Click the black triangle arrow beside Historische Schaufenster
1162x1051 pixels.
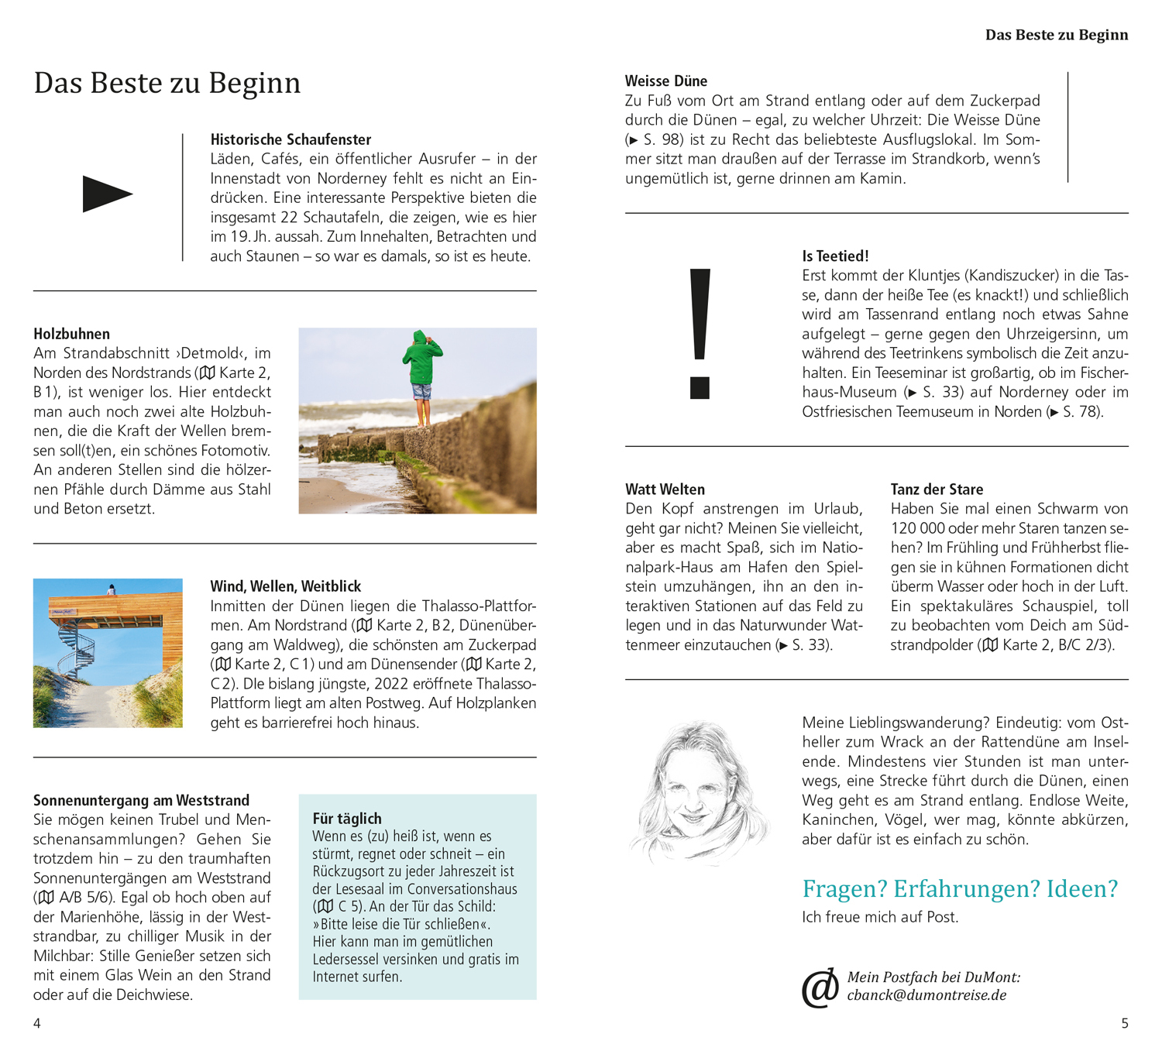107,194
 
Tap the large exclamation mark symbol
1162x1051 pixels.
700,333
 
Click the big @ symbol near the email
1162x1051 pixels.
820,987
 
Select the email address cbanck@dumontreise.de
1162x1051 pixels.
927,995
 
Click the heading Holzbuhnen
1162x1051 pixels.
71,334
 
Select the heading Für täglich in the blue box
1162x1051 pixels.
347,819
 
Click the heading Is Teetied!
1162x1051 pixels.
835,256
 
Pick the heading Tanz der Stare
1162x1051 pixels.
937,489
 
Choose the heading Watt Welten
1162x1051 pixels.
665,489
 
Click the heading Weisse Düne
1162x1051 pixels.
666,81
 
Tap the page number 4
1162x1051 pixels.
37,1023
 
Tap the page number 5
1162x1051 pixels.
1125,1023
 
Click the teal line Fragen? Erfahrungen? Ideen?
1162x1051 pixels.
960,888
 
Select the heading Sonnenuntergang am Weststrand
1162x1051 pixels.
141,800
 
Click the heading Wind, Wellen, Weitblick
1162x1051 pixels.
285,586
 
